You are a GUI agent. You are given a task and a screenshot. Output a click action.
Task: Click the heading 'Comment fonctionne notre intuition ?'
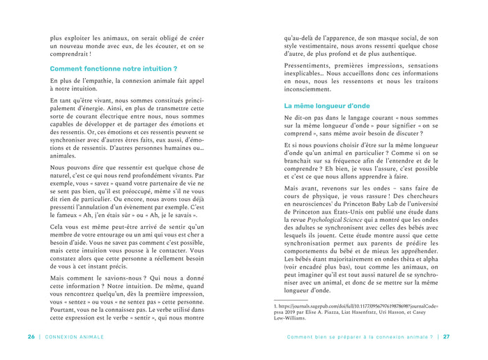point(113,69)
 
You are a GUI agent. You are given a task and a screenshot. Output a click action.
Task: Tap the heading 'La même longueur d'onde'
point(327,106)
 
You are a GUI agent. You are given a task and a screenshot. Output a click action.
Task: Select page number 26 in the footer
point(31,336)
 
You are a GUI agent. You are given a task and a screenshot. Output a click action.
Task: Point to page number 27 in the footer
point(447,336)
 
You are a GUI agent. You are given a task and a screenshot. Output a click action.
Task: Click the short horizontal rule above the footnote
point(300,300)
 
